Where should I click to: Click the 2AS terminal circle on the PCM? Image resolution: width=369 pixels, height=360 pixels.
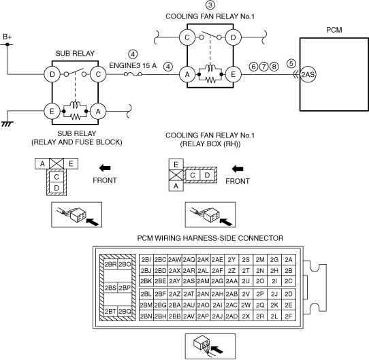308,75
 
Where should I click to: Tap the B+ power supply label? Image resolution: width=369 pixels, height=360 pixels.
7,37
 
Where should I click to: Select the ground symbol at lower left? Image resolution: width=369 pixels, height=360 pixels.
7,124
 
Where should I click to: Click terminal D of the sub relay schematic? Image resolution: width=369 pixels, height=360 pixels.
52,75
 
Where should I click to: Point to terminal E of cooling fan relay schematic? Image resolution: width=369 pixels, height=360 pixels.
233,75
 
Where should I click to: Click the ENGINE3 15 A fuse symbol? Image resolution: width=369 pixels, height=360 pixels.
133,75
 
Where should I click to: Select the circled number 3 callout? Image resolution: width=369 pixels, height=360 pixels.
210,5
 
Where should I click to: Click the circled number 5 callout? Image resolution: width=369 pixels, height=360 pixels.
291,63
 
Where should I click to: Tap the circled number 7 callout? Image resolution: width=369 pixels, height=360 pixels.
263,67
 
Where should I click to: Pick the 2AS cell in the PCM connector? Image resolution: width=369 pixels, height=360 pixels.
189,281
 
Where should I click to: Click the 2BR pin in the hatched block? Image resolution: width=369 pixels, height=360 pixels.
110,264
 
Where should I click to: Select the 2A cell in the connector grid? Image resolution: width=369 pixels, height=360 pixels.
289,259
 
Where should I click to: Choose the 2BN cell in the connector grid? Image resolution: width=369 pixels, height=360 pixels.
146,316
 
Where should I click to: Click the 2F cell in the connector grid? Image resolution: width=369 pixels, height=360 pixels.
289,316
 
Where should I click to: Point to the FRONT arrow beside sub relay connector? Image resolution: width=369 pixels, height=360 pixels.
105,168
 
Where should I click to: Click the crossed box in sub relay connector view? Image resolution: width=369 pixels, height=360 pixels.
57,163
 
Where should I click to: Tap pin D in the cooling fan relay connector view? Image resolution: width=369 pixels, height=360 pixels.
207,175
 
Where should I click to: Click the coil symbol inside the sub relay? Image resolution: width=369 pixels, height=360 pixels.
76,105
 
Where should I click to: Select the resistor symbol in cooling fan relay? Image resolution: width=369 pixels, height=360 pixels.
210,80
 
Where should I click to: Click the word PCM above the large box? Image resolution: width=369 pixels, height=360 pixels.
334,30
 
